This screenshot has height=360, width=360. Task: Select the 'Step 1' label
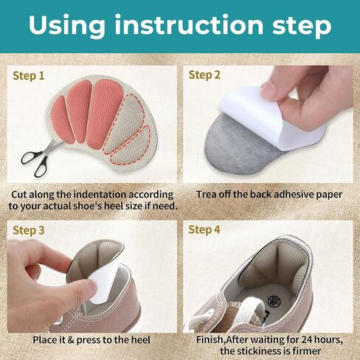click(x=29, y=75)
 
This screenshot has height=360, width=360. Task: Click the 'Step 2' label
click(x=204, y=75)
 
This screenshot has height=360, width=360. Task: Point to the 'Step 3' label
click(x=29, y=230)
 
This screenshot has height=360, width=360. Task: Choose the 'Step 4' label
click(x=204, y=229)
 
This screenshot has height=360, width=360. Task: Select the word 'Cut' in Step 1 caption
click(x=21, y=194)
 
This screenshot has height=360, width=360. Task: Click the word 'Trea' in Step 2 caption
click(x=208, y=194)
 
